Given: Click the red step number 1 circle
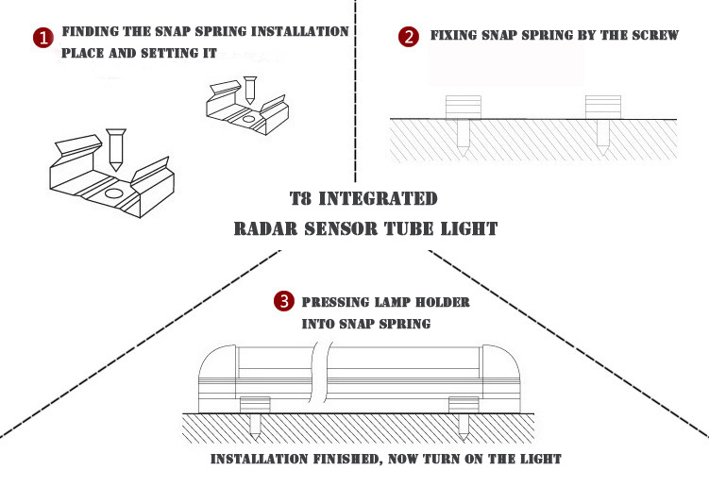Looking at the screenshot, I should [x=42, y=38].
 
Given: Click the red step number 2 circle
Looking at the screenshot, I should [x=408, y=37].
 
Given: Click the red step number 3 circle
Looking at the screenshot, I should [x=282, y=302].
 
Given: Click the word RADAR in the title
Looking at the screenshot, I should [x=265, y=228].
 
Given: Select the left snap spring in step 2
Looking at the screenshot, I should [x=462, y=107].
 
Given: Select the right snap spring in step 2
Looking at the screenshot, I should [x=601, y=107].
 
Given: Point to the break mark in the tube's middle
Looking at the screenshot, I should [x=322, y=373].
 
